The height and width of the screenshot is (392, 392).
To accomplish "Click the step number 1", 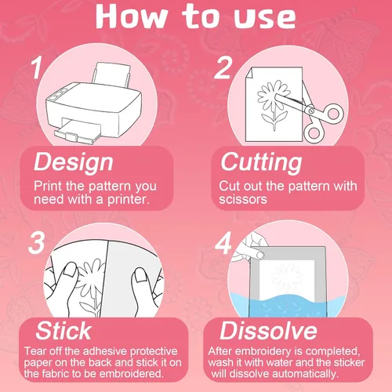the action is click(x=37, y=68).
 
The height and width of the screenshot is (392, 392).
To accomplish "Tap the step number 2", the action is click(x=223, y=67).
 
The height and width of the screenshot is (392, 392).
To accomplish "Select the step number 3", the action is click(x=37, y=243).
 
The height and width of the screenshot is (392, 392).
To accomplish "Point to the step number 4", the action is click(x=223, y=243).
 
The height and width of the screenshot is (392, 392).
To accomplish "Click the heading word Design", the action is click(x=74, y=162).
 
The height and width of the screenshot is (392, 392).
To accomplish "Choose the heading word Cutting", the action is click(x=261, y=162).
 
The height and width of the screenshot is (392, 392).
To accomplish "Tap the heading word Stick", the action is click(x=64, y=331).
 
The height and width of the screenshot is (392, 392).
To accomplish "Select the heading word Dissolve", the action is click(x=268, y=331).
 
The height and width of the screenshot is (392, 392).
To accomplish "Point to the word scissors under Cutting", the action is click(x=243, y=199).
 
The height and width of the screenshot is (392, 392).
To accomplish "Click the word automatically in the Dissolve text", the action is click(x=305, y=374).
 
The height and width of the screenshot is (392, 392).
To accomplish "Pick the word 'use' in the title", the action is click(x=264, y=17).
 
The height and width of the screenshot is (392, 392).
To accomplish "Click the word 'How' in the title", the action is click(x=131, y=16).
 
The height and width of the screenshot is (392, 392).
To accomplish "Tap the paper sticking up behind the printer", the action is click(x=111, y=74).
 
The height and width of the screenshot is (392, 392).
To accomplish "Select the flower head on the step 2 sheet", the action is click(x=272, y=96).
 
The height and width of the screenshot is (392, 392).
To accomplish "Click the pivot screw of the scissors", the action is click(x=311, y=111).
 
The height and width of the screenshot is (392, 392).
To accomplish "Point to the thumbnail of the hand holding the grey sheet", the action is click(x=260, y=255).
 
